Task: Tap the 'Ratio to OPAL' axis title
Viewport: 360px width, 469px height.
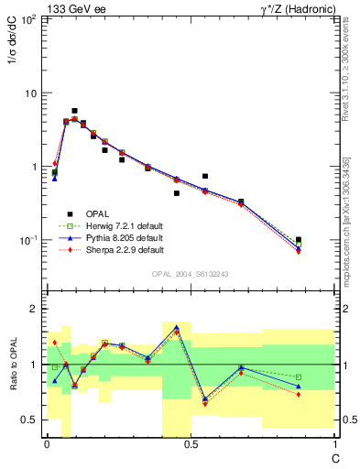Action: tap(16, 364)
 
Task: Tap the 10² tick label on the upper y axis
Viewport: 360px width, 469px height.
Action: tap(28, 20)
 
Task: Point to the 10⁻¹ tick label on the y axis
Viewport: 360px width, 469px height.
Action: tap(28, 240)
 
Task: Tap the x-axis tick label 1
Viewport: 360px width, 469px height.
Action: tap(334, 444)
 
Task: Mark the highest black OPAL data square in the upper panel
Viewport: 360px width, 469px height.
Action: tap(74, 111)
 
